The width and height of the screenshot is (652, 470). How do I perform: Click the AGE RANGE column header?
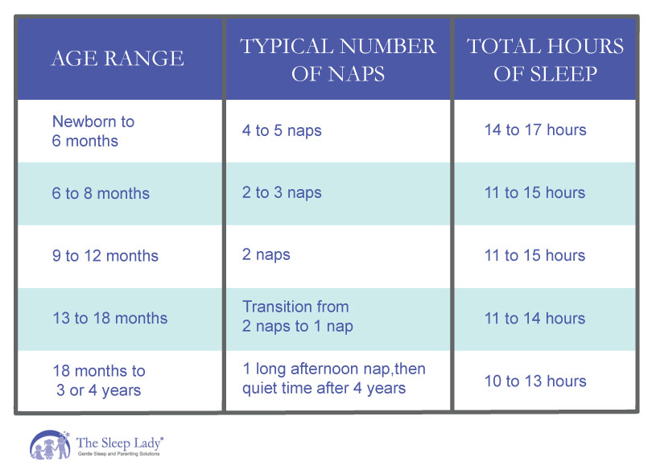click(x=118, y=58)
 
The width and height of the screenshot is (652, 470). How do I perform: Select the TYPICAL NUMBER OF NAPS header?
click(x=337, y=59)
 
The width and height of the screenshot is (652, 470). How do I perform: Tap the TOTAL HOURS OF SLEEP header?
click(x=545, y=59)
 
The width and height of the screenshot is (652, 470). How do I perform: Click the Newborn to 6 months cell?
click(x=93, y=131)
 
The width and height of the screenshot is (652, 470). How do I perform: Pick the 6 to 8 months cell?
click(x=101, y=193)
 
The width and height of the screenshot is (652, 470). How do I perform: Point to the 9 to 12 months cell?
click(x=105, y=256)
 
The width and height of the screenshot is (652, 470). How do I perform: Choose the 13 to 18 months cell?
click(x=109, y=318)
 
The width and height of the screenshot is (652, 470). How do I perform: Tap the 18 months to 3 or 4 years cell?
click(x=99, y=381)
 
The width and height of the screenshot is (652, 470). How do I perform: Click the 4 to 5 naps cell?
click(x=282, y=130)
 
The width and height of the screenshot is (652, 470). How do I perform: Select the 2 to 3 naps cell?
click(x=282, y=192)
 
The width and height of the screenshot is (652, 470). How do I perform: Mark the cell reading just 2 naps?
click(x=266, y=255)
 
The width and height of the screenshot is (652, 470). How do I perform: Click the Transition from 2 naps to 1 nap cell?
click(x=297, y=316)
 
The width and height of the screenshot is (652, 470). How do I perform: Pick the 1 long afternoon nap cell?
click(x=334, y=379)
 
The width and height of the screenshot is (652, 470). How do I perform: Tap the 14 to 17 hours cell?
click(x=535, y=130)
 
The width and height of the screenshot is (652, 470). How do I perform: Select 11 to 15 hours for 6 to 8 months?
click(x=535, y=192)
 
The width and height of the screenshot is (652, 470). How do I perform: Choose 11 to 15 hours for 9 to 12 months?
click(x=535, y=255)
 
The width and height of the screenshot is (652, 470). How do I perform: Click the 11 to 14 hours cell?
click(x=535, y=318)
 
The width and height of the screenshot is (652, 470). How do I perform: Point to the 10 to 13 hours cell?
click(x=535, y=381)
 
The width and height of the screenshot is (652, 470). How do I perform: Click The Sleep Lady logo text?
click(x=120, y=443)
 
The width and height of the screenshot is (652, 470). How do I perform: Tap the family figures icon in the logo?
click(x=50, y=445)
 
